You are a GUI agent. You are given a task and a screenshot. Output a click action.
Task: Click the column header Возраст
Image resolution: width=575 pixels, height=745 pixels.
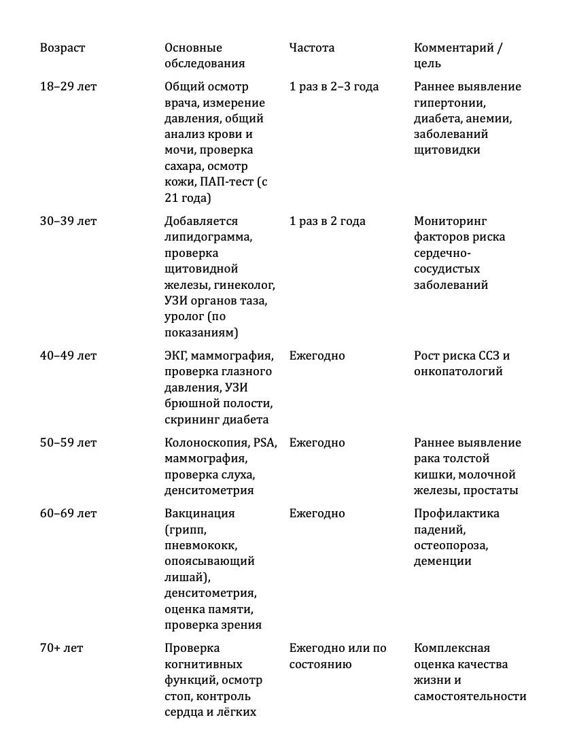pyautogui.click(x=63, y=48)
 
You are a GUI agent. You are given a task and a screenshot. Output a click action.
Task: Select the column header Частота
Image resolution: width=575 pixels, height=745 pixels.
pyautogui.click(x=311, y=48)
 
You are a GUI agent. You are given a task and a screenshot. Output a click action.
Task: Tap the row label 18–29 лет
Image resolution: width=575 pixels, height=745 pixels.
pyautogui.click(x=68, y=86)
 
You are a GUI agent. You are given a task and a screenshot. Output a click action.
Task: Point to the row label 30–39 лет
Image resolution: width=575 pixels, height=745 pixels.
pyautogui.click(x=68, y=221)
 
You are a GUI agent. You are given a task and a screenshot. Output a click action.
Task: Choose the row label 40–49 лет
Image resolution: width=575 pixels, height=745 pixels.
pyautogui.click(x=68, y=356)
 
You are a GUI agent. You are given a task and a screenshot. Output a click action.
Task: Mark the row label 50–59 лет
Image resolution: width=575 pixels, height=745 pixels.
pyautogui.click(x=68, y=443)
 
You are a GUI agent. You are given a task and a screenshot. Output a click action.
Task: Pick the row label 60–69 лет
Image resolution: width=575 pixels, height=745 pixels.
pyautogui.click(x=68, y=513)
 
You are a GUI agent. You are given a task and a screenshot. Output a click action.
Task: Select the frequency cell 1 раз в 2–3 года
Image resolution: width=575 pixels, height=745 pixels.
pyautogui.click(x=334, y=86)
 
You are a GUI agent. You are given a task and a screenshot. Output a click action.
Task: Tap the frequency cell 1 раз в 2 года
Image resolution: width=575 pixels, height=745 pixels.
pyautogui.click(x=327, y=221)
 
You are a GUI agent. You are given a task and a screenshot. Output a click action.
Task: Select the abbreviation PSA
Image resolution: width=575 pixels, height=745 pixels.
pyautogui.click(x=264, y=443)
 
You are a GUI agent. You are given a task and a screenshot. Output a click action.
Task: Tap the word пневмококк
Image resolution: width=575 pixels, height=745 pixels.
pyautogui.click(x=201, y=545)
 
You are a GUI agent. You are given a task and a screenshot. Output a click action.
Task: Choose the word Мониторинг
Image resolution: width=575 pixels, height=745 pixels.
pyautogui.click(x=450, y=221)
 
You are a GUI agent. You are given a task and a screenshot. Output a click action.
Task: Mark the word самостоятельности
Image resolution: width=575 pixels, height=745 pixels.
pyautogui.click(x=470, y=696)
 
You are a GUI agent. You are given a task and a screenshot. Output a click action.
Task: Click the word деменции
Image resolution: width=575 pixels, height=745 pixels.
pyautogui.click(x=442, y=561)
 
